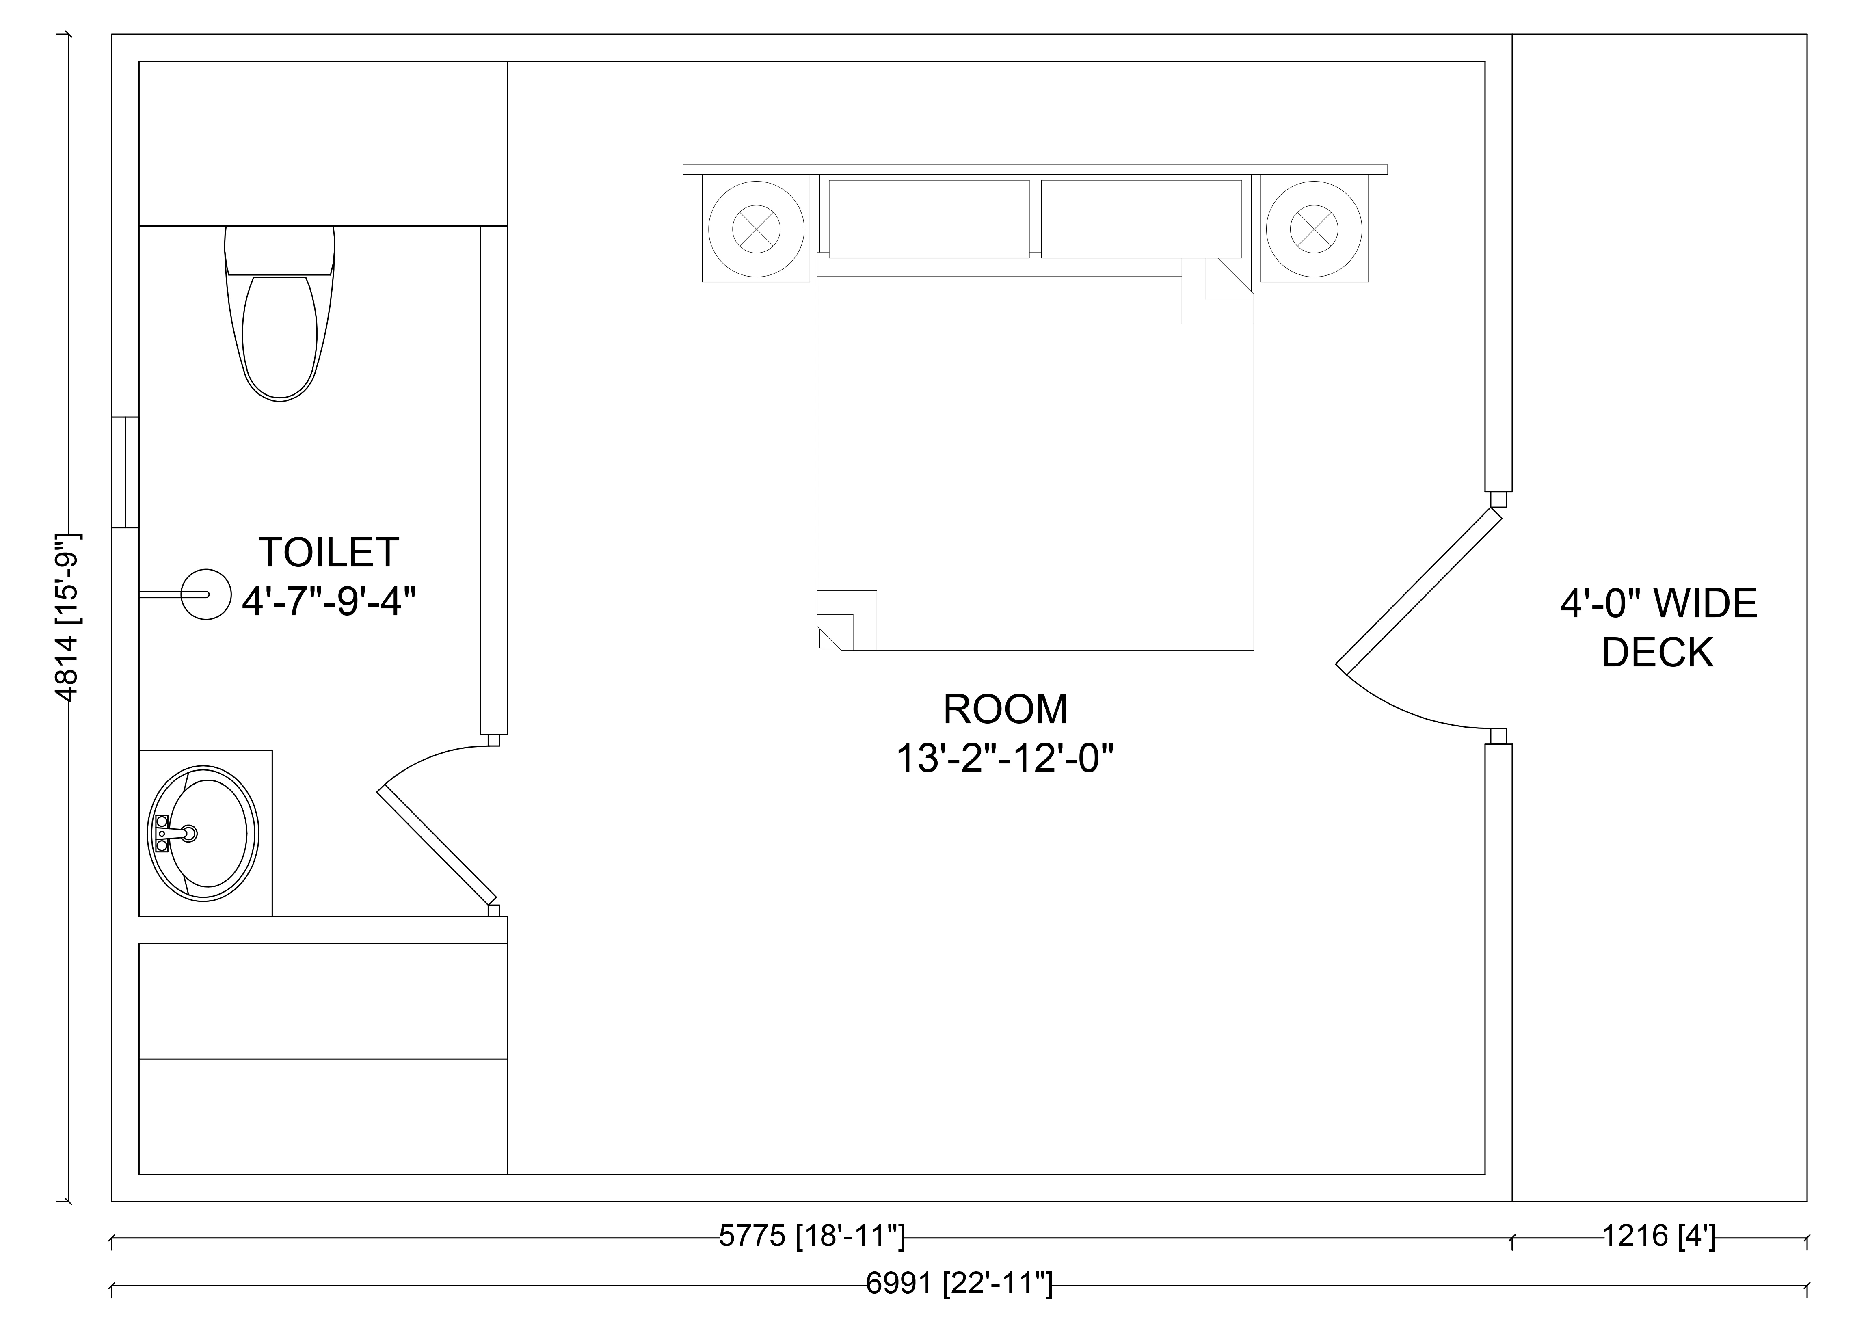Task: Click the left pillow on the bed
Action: tap(929, 218)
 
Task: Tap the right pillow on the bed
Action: tap(1141, 218)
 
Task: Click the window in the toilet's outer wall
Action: tap(125, 472)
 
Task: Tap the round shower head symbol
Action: tap(205, 594)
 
